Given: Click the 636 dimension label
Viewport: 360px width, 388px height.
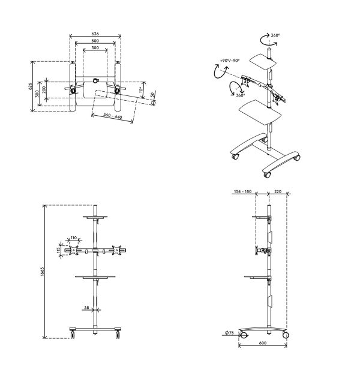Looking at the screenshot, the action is click(x=95, y=34).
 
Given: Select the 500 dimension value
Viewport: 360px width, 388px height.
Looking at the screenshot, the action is click(x=95, y=41).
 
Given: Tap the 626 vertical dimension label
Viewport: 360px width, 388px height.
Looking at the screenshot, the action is click(x=30, y=86).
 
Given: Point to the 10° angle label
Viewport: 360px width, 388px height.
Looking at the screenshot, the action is click(x=140, y=89).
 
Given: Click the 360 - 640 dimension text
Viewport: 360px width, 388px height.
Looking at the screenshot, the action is click(x=113, y=116).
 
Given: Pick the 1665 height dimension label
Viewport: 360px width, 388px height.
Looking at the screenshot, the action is click(x=43, y=272).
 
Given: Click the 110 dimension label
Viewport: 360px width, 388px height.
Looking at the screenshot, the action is click(x=74, y=238).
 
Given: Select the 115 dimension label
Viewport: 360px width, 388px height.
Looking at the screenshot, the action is click(x=59, y=251).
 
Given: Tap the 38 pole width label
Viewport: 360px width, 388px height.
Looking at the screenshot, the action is click(x=86, y=308).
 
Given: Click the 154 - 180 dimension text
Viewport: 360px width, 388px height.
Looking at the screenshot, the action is click(x=242, y=191).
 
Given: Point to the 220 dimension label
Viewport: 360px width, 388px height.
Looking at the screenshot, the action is click(x=278, y=191).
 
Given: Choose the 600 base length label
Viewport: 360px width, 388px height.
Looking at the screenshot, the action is click(x=262, y=343).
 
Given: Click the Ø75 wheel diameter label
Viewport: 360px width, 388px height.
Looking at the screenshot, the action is click(x=230, y=333).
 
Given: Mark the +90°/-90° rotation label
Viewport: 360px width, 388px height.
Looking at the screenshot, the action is click(x=230, y=61).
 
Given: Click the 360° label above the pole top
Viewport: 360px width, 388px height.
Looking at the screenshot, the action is click(x=275, y=35).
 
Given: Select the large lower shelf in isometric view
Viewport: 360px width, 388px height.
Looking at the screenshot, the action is click(x=260, y=113).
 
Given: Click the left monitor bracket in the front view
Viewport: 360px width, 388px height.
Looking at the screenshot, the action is click(x=74, y=250).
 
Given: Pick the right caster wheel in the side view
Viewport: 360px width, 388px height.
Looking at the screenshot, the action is click(x=286, y=335).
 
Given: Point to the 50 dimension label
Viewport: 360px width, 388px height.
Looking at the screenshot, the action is click(x=153, y=94).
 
